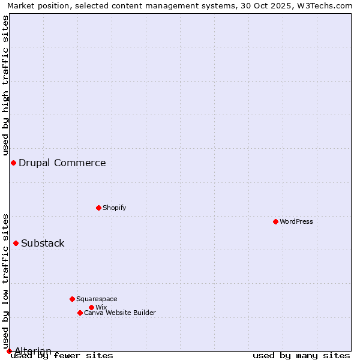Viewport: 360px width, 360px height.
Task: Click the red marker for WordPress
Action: pos(275,221)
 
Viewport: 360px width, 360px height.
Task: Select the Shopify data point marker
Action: pos(98,208)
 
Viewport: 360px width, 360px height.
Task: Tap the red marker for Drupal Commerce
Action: pos(13,163)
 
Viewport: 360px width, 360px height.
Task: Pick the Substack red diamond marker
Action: pos(16,243)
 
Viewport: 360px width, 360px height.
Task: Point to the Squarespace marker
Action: pos(72,299)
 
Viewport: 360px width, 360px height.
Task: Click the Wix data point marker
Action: pos(91,307)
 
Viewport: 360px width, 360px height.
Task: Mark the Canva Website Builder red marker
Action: pos(80,313)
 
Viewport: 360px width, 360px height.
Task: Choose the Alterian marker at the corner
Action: pos(9,351)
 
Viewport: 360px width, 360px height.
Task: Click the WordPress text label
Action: pos(296,221)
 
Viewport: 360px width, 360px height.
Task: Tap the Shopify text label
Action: pos(114,208)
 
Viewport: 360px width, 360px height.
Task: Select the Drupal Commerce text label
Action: pos(62,163)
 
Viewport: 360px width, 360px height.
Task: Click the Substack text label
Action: pos(43,243)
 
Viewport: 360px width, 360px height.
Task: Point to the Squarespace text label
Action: pos(97,299)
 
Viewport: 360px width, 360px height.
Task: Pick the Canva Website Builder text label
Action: pos(120,313)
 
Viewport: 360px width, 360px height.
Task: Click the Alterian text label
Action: pos(33,351)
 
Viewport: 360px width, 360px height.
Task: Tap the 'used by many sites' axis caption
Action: pos(301,355)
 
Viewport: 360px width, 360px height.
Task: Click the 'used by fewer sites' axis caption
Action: pos(62,355)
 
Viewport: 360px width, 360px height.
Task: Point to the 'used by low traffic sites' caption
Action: pos(5,281)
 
